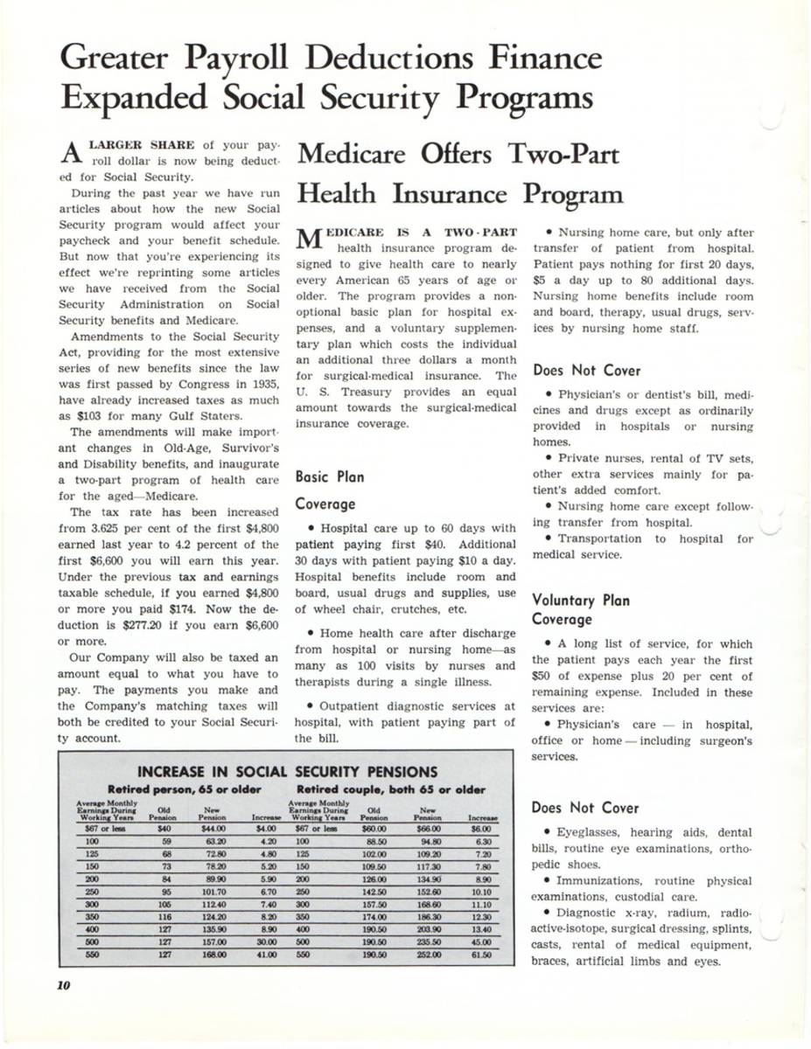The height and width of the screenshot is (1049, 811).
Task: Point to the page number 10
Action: coord(63,984)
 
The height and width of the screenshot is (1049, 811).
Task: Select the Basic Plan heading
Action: coord(328,477)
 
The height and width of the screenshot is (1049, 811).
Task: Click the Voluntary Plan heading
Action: coord(581,601)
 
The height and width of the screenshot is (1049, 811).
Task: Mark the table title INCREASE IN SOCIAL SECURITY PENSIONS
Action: coord(288,771)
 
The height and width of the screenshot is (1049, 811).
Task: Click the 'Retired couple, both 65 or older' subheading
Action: coord(386,788)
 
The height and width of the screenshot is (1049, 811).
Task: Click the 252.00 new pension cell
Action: coord(428,956)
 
